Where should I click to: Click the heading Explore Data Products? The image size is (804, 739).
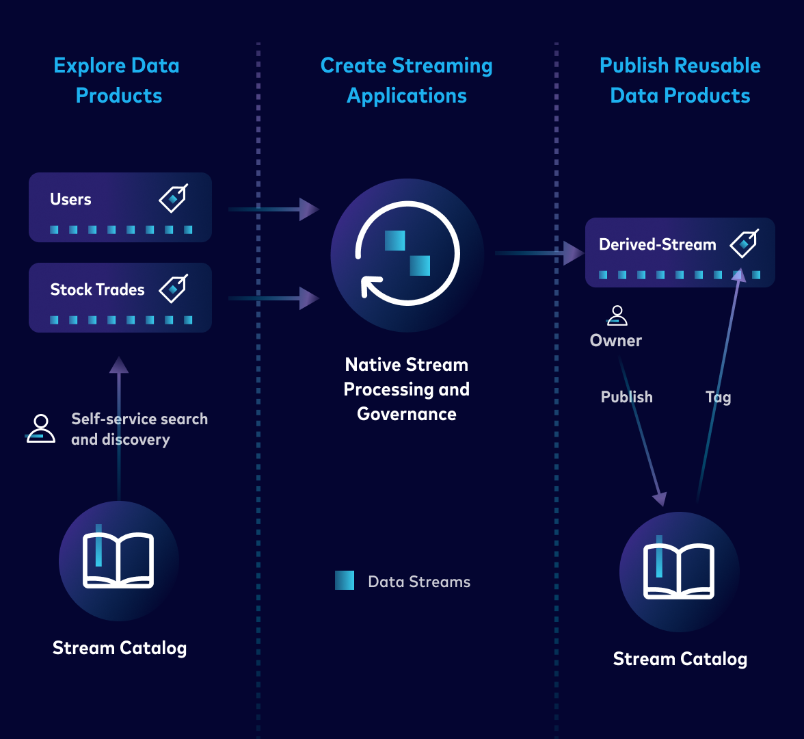pyautogui.click(x=118, y=81)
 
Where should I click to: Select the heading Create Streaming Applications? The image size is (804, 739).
pyautogui.click(x=407, y=81)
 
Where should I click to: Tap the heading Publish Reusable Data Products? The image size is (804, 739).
pyautogui.click(x=680, y=81)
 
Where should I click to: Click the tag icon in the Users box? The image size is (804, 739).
pyautogui.click(x=173, y=198)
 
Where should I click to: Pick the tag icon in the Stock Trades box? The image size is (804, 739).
pyautogui.click(x=173, y=289)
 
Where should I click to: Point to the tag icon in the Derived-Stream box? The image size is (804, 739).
pyautogui.click(x=744, y=244)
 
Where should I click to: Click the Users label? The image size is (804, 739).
pyautogui.click(x=70, y=200)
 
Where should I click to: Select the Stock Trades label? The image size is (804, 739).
pyautogui.click(x=97, y=290)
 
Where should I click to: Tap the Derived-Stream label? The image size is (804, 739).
pyautogui.click(x=657, y=245)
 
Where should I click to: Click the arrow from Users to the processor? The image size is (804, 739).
pyautogui.click(x=273, y=209)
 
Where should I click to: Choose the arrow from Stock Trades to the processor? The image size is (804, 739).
pyautogui.click(x=273, y=298)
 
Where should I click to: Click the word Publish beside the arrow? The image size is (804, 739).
pyautogui.click(x=626, y=397)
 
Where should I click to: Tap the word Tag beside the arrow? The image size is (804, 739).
pyautogui.click(x=718, y=397)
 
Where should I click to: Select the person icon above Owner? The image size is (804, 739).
pyautogui.click(x=617, y=316)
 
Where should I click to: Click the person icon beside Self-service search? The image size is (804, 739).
pyautogui.click(x=41, y=429)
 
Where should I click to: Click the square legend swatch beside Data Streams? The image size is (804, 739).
pyautogui.click(x=345, y=581)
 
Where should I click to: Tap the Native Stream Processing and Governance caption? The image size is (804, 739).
pyautogui.click(x=407, y=389)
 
